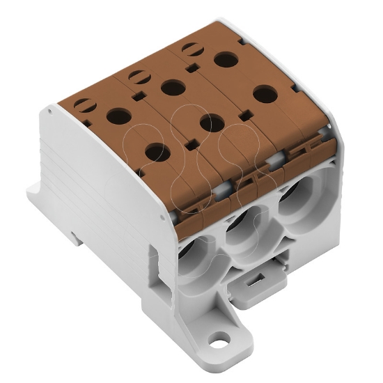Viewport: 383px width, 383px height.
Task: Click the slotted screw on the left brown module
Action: pyautogui.click(x=83, y=105)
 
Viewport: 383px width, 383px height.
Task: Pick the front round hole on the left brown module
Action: pyautogui.click(x=157, y=151)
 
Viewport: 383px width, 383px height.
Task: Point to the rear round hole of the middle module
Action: pyautogui.click(x=172, y=88)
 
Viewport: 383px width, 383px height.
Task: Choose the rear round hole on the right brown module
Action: pyautogui.click(x=226, y=59)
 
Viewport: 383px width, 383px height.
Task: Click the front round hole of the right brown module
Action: pyautogui.click(x=265, y=93)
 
